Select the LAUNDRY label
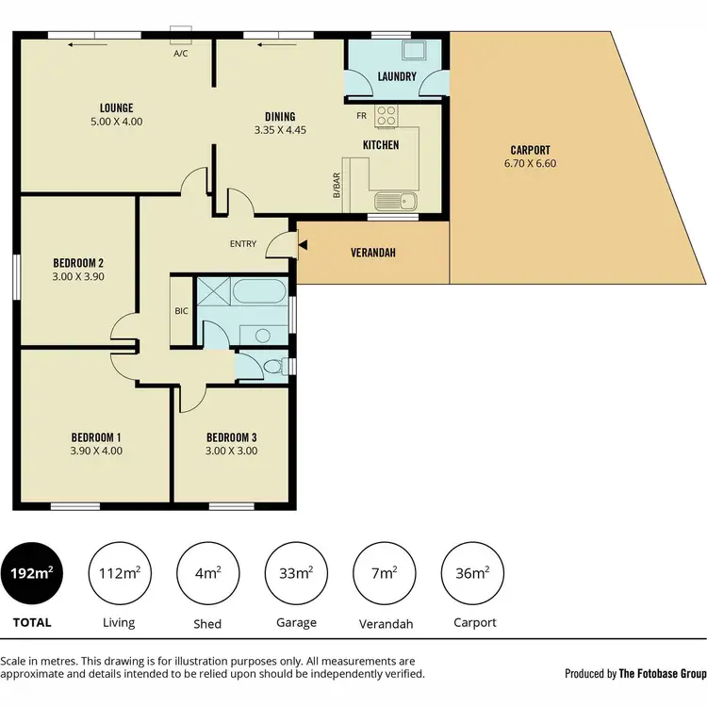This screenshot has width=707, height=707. (397, 76)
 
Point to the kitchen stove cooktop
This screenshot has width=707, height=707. (387, 116)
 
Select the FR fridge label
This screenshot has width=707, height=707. (361, 117)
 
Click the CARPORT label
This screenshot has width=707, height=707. (530, 150)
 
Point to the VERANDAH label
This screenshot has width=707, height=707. (372, 254)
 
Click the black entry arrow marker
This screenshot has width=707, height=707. (302, 245)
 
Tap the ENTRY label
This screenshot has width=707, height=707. (243, 244)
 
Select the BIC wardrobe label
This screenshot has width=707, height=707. (181, 310)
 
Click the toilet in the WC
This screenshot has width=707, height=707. (272, 367)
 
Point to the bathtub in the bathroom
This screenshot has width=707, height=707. (256, 291)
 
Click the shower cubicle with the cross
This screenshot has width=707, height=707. (212, 294)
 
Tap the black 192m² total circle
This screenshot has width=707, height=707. (31, 573)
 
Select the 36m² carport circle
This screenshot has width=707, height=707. (472, 573)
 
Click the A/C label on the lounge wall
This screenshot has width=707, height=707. (181, 54)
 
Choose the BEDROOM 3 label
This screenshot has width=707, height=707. (231, 437)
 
